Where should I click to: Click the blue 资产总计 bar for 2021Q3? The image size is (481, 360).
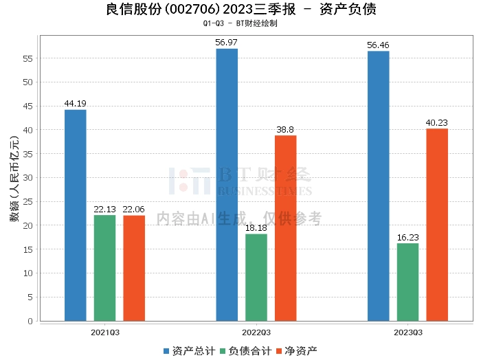pyautogui.click(x=76, y=215)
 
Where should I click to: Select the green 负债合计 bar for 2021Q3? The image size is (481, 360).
pyautogui.click(x=105, y=268)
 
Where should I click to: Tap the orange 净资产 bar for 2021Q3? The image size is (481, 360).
pyautogui.click(x=134, y=268)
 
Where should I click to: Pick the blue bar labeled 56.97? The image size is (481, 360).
pyautogui.click(x=227, y=185)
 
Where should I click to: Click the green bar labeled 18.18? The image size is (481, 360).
pyautogui.click(x=256, y=278)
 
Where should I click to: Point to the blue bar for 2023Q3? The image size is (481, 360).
pyautogui.click(x=378, y=185)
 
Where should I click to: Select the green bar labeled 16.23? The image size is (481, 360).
pyautogui.click(x=407, y=282)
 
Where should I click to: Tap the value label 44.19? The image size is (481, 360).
pyautogui.click(x=76, y=104)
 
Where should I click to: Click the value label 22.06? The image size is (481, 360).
pyautogui.click(x=134, y=210)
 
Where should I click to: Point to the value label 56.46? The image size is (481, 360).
pyautogui.click(x=378, y=45)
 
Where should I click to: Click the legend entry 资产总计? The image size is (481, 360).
pyautogui.click(x=188, y=351)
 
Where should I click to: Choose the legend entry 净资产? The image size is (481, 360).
pyautogui.click(x=296, y=351)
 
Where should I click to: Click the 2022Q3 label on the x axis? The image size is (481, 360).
pyautogui.click(x=256, y=333)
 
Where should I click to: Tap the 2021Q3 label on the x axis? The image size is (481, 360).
pyautogui.click(x=105, y=333)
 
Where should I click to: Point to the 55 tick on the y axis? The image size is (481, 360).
pyautogui.click(x=28, y=58)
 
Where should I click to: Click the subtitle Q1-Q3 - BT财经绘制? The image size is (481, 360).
pyautogui.click(x=240, y=23)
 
